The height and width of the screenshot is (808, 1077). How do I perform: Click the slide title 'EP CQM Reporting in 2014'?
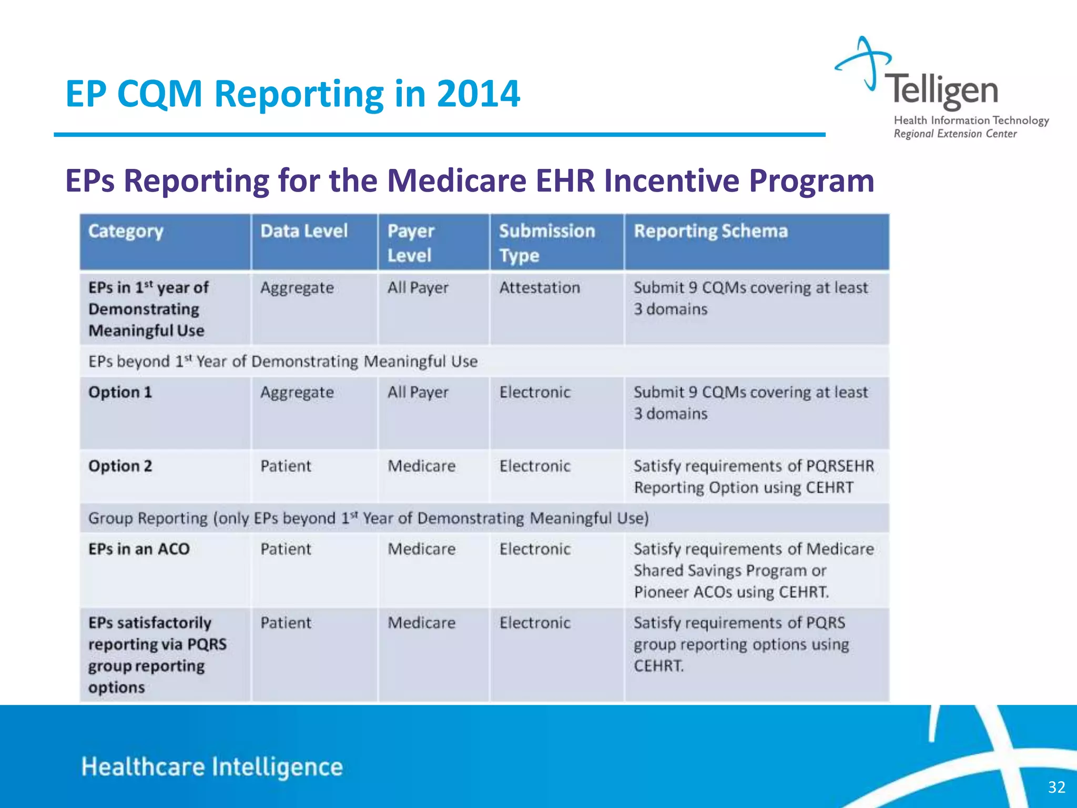[292, 94]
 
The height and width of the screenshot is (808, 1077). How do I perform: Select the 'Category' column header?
[126, 231]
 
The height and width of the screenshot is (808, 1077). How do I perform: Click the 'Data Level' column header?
[304, 231]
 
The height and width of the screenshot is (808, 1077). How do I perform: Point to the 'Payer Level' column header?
[411, 243]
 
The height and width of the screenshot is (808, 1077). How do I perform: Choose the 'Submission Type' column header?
[547, 243]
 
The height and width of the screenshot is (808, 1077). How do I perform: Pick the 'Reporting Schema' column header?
[710, 231]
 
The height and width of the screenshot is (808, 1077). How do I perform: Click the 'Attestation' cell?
[540, 288]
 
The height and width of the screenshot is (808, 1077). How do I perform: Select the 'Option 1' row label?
[120, 392]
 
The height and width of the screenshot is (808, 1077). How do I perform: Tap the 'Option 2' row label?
[120, 466]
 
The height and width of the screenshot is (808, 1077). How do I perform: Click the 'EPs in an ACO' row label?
[139, 549]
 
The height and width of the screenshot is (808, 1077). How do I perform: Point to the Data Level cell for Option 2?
[286, 466]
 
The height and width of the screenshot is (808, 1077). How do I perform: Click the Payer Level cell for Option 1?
[418, 392]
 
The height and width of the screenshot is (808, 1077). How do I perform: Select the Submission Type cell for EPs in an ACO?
[535, 549]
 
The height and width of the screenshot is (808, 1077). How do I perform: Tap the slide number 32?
[1056, 787]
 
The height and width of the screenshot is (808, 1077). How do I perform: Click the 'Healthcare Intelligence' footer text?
[212, 767]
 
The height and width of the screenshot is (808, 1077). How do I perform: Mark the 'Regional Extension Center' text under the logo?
[955, 134]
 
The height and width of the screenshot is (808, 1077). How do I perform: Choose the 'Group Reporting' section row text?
[368, 519]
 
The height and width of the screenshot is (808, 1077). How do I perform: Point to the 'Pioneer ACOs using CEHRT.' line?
[731, 592]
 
